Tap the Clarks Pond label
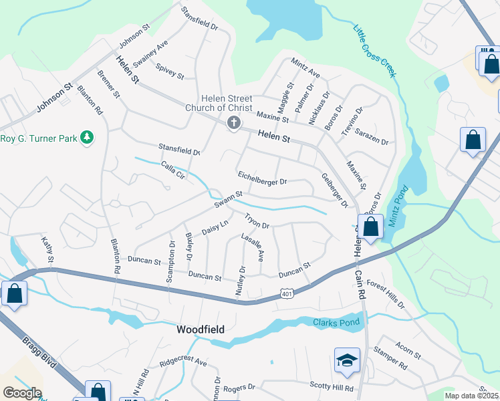coord(336,323)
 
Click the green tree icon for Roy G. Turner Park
coord(86,138)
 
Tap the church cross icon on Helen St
coord(233,123)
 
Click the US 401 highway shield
coord(287,293)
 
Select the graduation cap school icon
coord(347,361)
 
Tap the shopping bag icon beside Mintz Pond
coord(370,227)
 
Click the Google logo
coord(21,393)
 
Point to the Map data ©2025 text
coord(471,396)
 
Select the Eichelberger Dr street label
coord(262,178)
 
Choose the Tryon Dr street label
coord(257,221)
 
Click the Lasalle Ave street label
coord(253,247)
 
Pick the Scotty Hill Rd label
coord(331,386)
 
